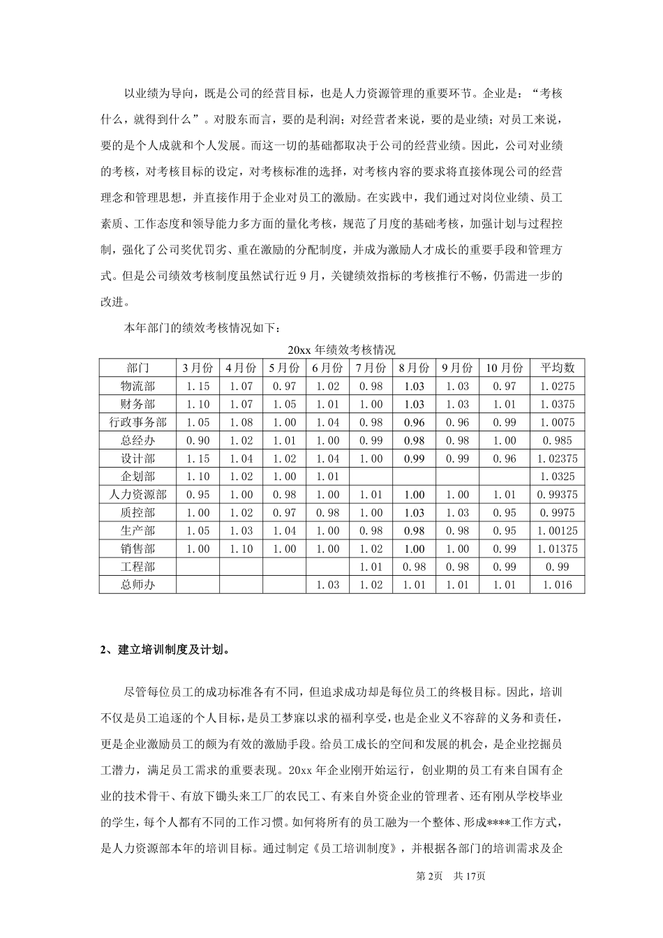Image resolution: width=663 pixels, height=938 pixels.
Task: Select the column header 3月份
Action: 198,368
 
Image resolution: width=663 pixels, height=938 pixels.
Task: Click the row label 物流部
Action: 137,386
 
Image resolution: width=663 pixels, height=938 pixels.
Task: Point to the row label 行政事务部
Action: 137,422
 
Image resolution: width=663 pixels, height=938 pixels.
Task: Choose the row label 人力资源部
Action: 137,495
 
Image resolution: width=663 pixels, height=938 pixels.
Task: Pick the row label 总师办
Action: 137,585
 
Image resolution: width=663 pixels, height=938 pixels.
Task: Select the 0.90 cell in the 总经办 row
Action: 198,440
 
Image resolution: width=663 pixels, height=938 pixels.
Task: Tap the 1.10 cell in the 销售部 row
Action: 241,549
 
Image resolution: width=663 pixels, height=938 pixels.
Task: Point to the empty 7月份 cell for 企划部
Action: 370,477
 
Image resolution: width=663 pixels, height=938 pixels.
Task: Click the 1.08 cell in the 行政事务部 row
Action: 241,422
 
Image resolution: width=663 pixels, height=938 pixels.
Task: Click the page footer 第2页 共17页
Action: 450,877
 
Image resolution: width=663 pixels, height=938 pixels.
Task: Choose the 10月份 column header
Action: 504,368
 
